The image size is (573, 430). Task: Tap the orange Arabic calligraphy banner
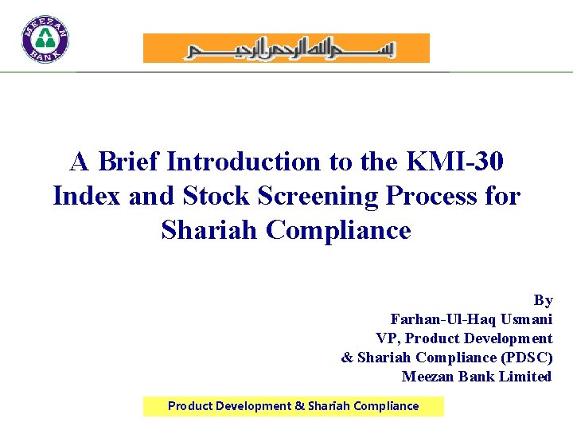click(286, 49)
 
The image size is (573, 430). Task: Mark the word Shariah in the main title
click(210, 230)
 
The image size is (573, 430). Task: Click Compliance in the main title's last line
click(338, 230)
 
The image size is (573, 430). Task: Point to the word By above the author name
click(543, 300)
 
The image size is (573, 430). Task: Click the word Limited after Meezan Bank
click(523, 377)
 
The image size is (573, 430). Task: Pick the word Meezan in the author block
click(427, 377)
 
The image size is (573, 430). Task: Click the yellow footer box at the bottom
click(293, 406)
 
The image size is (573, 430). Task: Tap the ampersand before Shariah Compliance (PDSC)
click(347, 358)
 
